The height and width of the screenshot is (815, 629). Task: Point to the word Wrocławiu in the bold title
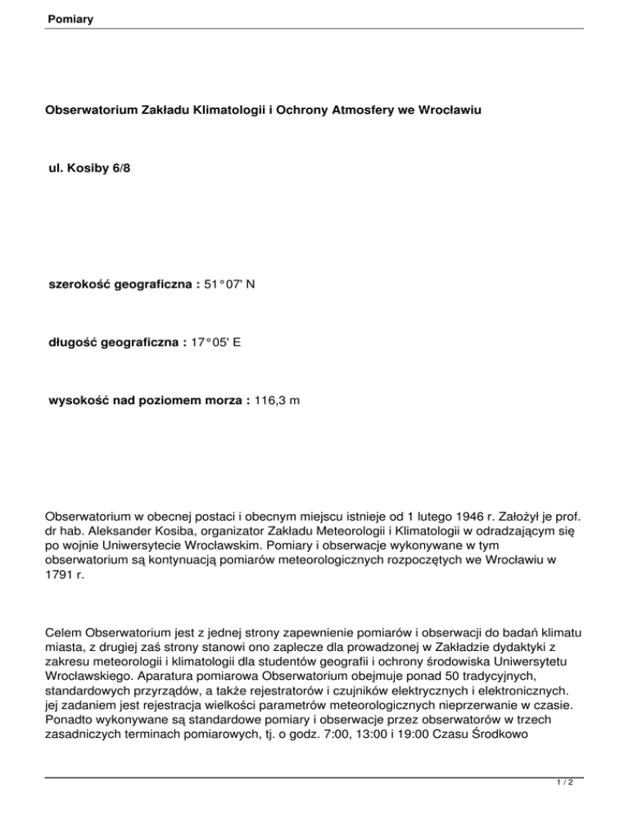click(x=446, y=129)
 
